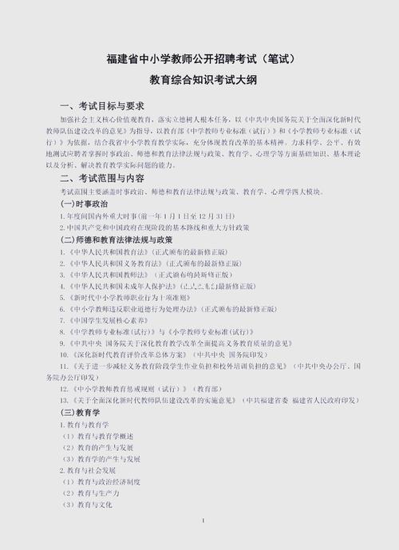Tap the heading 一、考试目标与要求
pos(102,105)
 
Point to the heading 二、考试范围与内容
pos(102,177)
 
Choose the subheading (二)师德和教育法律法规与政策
pos(117,239)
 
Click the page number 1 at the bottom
pos(203,521)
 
